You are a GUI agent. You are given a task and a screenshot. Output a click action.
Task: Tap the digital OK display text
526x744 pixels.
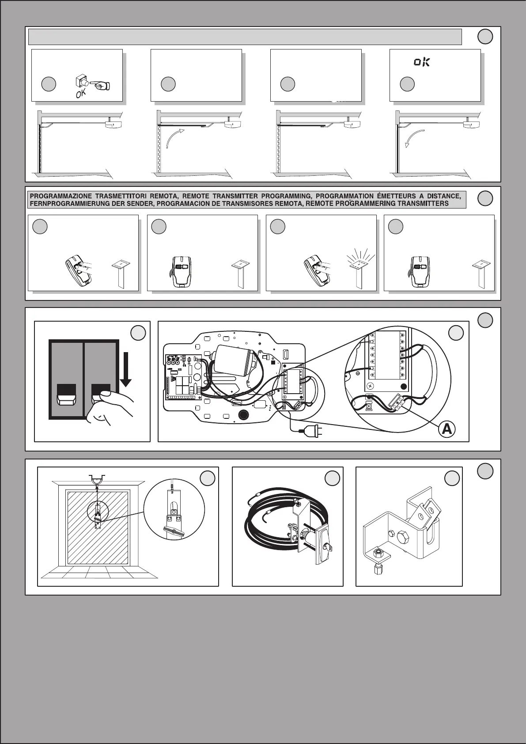pyautogui.click(x=421, y=62)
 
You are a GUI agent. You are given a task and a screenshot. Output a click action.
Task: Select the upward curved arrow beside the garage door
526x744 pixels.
pyautogui.click(x=175, y=137)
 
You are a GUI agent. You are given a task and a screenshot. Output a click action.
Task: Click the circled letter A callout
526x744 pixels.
pyautogui.click(x=447, y=429)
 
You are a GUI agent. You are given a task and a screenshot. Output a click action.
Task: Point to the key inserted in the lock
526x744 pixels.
pyautogui.click(x=329, y=547)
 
